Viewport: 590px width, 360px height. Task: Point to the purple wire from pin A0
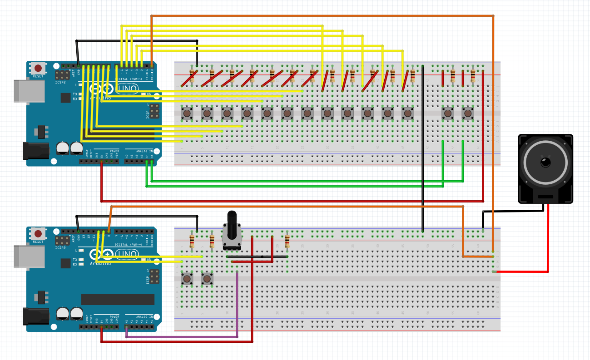point(182,337)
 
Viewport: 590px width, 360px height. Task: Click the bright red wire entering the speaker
point(548,241)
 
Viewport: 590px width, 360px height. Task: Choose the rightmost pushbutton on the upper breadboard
point(468,113)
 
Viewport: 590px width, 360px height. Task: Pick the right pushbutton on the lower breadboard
point(207,278)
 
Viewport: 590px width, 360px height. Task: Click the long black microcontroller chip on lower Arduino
point(118,299)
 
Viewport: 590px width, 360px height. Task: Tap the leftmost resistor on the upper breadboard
point(192,75)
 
